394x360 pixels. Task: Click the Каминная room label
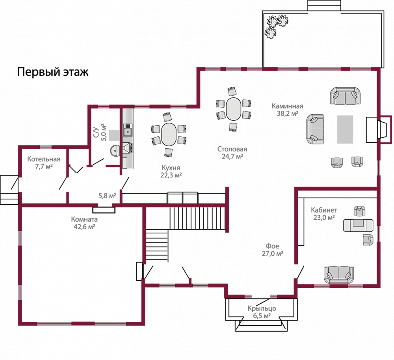[287, 106]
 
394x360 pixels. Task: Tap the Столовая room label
[232, 149]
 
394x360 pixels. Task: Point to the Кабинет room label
[323, 210]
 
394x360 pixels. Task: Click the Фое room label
[273, 246]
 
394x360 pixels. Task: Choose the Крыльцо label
[262, 308]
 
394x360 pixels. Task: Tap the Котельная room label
[44, 159]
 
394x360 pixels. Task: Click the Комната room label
[84, 219]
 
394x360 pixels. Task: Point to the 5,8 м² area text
[107, 196]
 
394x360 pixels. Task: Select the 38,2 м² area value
[287, 113]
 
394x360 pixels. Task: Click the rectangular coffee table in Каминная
[345, 129]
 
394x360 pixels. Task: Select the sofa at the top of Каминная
[345, 96]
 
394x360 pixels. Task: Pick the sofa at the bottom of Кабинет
[338, 274]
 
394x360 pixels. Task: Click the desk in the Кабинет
[358, 225]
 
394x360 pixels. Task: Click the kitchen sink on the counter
[128, 129]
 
